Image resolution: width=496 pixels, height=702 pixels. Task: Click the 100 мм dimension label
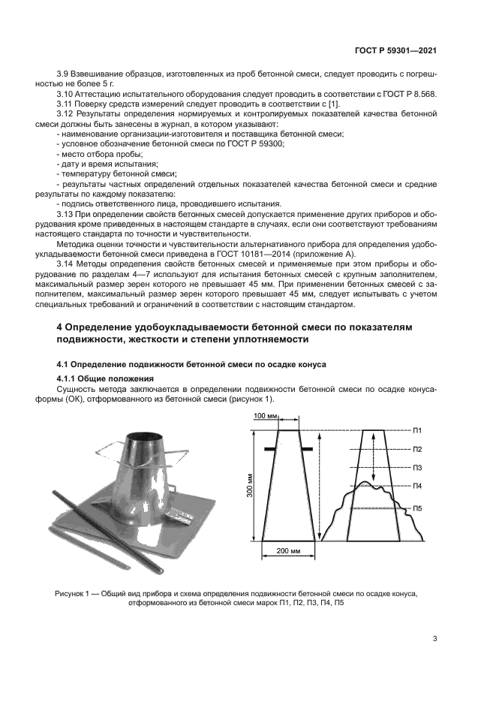(x=264, y=415)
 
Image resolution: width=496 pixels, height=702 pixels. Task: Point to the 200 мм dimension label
(x=288, y=551)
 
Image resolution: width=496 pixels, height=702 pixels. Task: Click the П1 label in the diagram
(x=417, y=430)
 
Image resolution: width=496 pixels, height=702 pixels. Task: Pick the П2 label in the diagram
(x=417, y=449)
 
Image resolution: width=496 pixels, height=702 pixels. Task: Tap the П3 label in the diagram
(x=417, y=468)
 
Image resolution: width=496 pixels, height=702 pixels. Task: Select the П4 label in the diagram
(x=417, y=487)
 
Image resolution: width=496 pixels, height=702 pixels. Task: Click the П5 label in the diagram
(x=417, y=508)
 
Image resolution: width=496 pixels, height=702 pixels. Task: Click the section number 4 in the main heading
(x=61, y=328)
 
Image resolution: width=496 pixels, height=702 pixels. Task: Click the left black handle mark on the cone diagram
(x=268, y=449)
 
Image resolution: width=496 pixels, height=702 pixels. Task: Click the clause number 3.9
(x=65, y=75)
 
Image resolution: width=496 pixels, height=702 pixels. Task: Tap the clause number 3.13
(x=67, y=214)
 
